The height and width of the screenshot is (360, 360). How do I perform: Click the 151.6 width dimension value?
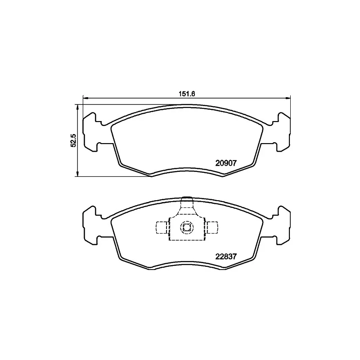pyautogui.click(x=187, y=94)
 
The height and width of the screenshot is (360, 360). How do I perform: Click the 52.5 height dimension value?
pyautogui.click(x=73, y=140)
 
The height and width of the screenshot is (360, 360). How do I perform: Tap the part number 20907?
pyautogui.click(x=226, y=163)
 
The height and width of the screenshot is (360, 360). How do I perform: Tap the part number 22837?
pyautogui.click(x=226, y=256)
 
